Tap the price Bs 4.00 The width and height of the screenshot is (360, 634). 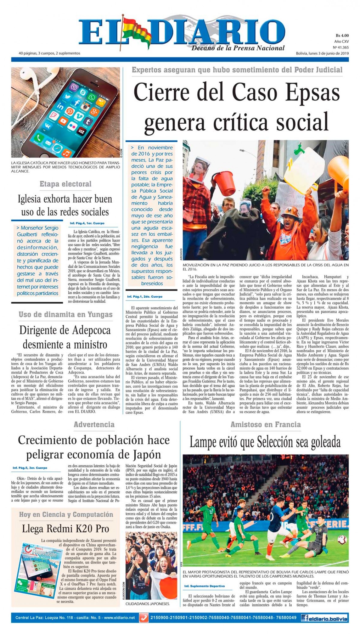342,36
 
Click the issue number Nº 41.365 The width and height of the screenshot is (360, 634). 341,47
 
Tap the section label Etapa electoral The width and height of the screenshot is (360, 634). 65,184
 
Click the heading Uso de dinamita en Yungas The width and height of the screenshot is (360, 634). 65,314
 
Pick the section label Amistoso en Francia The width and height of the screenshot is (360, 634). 265,424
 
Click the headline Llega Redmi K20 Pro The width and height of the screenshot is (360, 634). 65,528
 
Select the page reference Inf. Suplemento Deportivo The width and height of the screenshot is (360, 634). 204,586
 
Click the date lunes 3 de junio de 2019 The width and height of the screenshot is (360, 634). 322,53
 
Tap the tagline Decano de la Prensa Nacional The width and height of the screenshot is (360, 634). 238,48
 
